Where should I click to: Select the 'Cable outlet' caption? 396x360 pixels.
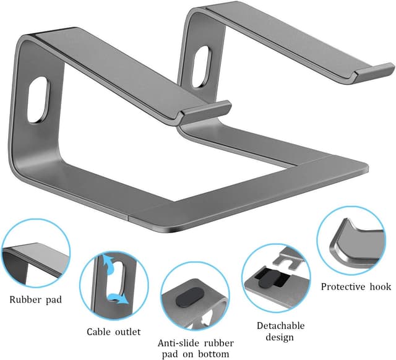tap(113, 331)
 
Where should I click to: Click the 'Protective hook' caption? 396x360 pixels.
tap(356, 286)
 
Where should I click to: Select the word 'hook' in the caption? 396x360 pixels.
tap(380, 286)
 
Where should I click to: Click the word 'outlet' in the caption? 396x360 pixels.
tap(129, 331)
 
